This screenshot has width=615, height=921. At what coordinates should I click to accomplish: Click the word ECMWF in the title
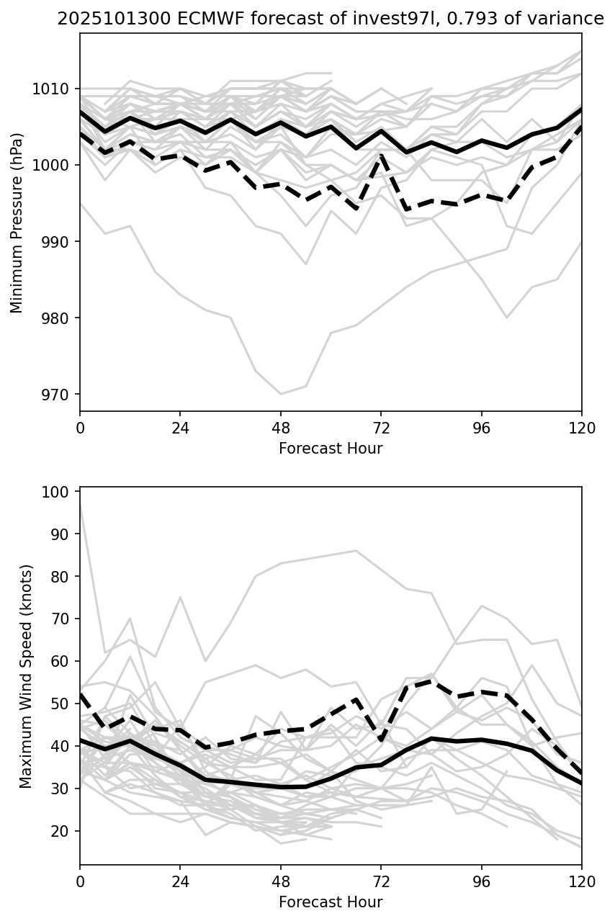(180, 19)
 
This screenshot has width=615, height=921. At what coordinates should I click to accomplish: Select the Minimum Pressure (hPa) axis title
(17, 223)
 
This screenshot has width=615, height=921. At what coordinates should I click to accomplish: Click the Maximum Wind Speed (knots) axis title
(26, 675)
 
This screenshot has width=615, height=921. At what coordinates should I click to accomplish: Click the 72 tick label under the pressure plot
(381, 428)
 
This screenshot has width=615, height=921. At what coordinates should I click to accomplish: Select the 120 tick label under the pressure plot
(582, 428)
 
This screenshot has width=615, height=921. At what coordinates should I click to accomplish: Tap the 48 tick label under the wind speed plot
(281, 882)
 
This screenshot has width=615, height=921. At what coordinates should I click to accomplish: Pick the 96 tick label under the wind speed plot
(482, 882)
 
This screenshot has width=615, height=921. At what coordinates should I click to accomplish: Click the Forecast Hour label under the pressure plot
(331, 449)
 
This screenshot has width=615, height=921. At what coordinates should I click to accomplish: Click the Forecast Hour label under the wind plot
(331, 902)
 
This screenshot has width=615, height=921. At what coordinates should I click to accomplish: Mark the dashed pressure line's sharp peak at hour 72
(381, 155)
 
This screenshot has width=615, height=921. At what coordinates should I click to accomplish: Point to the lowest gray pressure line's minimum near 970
(281, 394)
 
